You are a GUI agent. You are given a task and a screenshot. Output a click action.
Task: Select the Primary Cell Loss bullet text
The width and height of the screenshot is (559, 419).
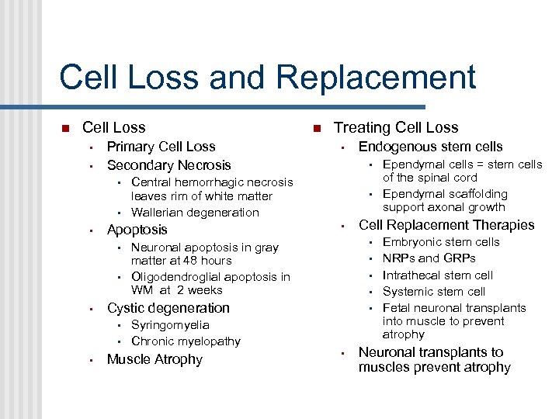point(161,147)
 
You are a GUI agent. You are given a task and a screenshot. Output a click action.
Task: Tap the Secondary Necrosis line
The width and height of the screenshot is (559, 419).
point(168,165)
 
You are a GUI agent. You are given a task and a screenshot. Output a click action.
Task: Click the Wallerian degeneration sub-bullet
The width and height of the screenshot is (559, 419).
point(195,213)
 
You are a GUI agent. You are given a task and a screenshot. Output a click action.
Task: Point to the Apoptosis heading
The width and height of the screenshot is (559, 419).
point(137,230)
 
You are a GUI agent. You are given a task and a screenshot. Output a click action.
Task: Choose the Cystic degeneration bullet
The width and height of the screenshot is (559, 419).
point(168,308)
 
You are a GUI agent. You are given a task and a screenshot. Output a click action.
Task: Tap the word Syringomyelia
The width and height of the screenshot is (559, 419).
point(170,325)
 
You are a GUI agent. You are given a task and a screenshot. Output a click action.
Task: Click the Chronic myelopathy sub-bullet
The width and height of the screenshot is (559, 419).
point(186,341)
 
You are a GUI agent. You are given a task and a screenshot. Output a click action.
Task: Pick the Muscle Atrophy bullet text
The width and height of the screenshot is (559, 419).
point(155,359)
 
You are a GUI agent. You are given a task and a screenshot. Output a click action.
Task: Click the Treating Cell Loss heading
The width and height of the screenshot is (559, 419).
point(396,128)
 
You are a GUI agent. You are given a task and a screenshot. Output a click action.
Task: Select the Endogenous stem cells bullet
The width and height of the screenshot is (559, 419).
point(430,147)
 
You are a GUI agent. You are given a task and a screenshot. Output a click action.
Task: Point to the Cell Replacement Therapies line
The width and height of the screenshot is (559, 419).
point(446,225)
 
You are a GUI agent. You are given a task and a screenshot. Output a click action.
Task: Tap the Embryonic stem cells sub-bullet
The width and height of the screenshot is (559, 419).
point(441,242)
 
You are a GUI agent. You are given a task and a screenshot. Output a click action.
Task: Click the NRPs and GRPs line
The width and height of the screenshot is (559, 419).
point(429,258)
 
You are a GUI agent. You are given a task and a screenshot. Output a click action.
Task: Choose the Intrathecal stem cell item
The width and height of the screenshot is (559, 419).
point(438,275)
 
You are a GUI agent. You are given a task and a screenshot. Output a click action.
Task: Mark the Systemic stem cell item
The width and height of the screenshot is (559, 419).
point(433,292)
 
